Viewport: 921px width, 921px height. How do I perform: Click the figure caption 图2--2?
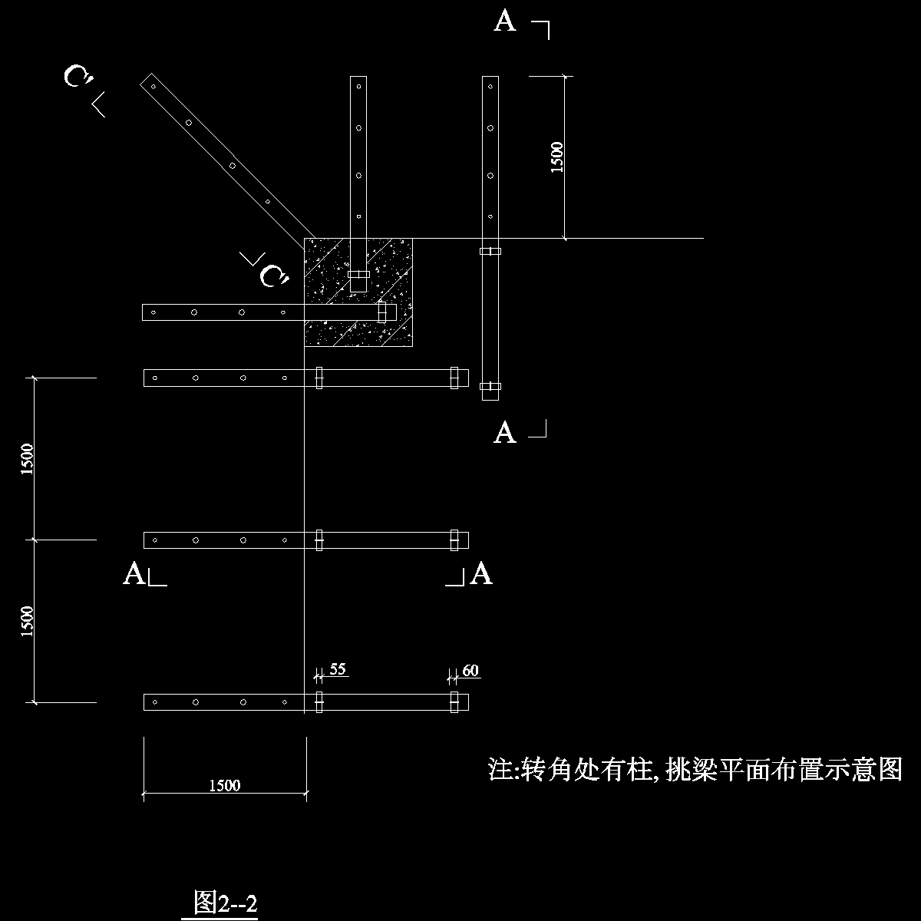coord(225,903)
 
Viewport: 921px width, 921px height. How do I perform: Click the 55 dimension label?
coord(338,669)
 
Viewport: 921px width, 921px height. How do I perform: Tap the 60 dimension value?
coord(470,671)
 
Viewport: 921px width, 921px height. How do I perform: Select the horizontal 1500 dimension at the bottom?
coord(225,785)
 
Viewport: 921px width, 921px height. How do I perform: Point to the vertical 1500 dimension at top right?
coord(557,157)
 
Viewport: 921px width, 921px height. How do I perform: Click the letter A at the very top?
coord(504,21)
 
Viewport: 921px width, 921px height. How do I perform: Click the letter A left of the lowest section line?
coord(134,574)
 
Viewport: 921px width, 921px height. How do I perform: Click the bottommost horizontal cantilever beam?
coord(230,701)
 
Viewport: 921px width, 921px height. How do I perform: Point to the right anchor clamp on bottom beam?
coord(454,701)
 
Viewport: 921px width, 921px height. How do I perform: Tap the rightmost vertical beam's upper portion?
coord(490,153)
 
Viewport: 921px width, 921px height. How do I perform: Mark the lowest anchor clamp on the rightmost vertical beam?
coord(490,386)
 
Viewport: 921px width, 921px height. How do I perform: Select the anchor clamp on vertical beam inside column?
coord(358,274)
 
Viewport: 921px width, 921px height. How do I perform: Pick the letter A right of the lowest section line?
coord(481,574)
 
